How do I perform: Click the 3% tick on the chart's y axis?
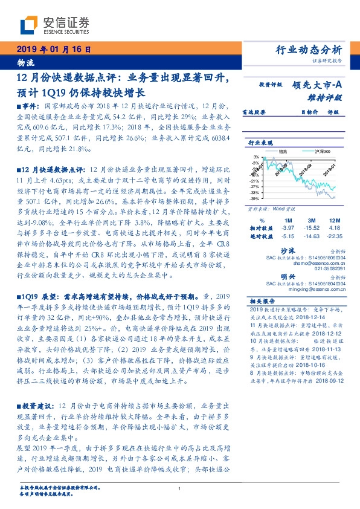(257, 156)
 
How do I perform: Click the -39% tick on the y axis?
(256, 197)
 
